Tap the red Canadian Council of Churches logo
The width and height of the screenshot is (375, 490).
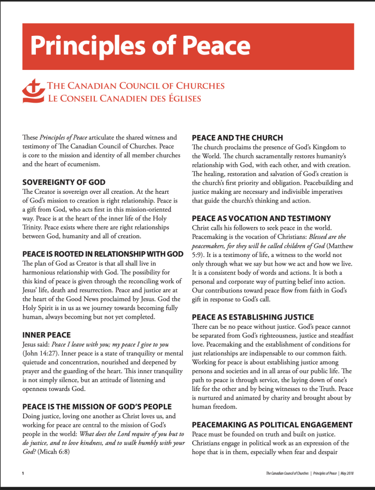coord(34,91)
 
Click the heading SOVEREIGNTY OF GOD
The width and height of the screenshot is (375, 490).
coord(64,182)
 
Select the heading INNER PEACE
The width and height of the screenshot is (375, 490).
coord(46,335)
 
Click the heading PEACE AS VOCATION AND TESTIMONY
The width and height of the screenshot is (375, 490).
coord(261,218)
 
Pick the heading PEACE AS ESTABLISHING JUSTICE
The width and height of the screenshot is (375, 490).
coord(253,317)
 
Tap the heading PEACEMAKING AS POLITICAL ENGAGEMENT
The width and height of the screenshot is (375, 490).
coord(272,424)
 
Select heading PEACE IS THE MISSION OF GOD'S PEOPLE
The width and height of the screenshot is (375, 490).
coord(97,407)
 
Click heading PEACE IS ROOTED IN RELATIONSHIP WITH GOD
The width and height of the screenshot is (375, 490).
coord(103,253)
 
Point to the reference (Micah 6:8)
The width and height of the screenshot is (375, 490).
coord(55,452)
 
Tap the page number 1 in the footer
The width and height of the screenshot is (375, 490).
coord(23,474)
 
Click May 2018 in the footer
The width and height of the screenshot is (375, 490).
coord(343,474)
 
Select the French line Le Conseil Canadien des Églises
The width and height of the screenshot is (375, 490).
coord(124,99)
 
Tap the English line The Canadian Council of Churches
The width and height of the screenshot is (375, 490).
coord(136,86)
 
